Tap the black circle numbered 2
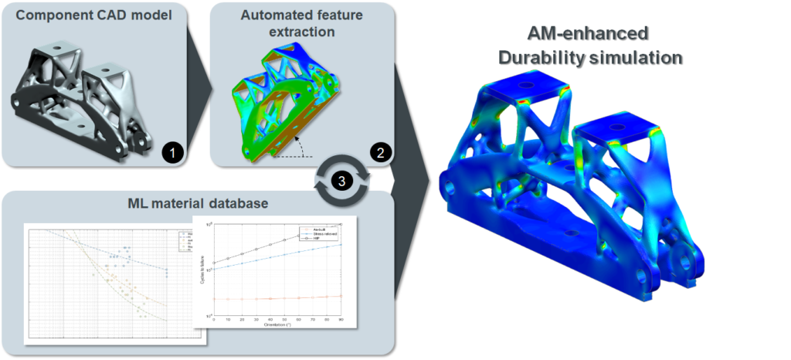tap(379, 152)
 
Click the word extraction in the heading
tap(302, 32)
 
